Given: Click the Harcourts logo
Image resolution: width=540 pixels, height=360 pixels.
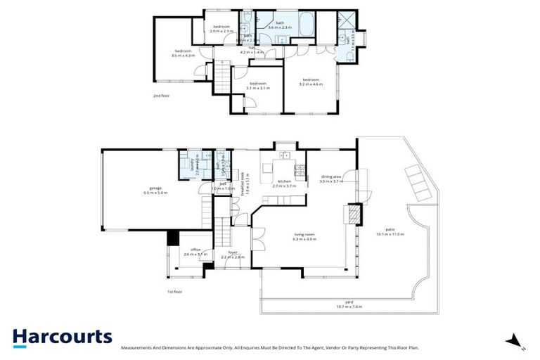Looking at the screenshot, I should [x=62, y=336].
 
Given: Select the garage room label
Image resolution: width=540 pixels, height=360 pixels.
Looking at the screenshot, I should [x=156, y=191].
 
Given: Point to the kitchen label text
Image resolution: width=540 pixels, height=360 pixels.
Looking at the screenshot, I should [x=285, y=184].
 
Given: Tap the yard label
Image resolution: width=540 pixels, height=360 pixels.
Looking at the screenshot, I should [x=344, y=304].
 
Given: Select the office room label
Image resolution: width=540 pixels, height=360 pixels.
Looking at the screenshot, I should [x=192, y=252].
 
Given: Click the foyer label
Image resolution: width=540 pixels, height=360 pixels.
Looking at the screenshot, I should [x=233, y=255].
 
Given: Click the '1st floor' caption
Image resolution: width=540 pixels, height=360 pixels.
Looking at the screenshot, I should [x=174, y=290].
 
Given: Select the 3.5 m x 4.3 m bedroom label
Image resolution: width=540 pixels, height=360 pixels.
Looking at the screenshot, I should [x=184, y=53].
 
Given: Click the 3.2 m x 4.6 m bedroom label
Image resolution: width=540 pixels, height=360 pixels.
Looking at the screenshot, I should [x=311, y=82].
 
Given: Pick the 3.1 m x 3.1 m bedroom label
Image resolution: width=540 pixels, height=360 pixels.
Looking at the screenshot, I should [x=259, y=86].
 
